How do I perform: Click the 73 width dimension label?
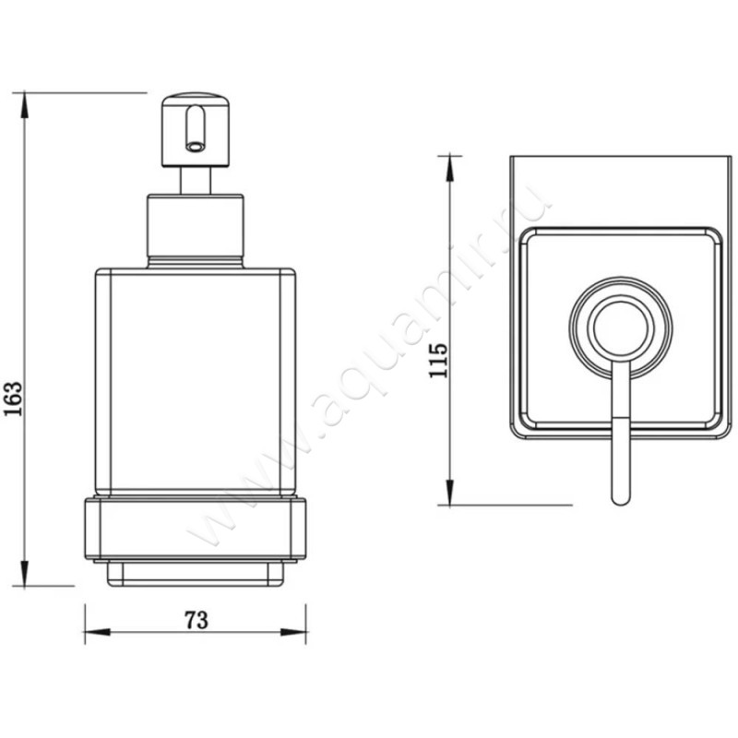coord(195,620)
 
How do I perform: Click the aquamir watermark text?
coord(369,369)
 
